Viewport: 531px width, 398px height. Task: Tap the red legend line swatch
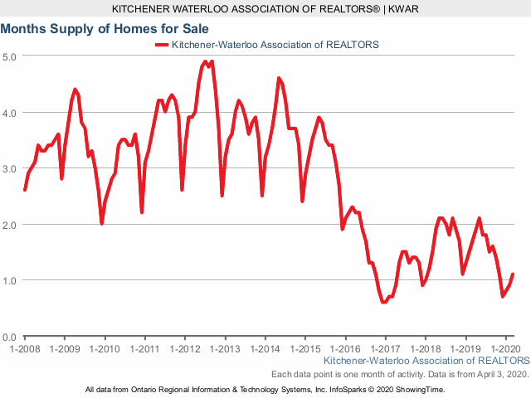tap(161, 43)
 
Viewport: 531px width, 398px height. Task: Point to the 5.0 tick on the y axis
tap(9, 56)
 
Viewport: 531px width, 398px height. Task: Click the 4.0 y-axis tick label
tap(9, 112)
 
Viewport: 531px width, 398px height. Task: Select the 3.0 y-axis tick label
tap(9, 168)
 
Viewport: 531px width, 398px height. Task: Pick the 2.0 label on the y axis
tap(9, 225)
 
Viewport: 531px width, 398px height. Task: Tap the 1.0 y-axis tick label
tap(9, 280)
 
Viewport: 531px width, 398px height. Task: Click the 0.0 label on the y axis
tap(9, 337)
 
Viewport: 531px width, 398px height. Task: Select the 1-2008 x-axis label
tap(25, 349)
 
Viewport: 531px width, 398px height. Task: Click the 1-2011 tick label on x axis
tap(145, 349)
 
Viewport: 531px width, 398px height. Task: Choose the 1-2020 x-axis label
tap(506, 349)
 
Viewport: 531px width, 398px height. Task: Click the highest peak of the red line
tap(205, 61)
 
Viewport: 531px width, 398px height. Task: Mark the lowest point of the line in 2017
tap(383, 302)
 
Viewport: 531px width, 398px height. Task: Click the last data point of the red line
tap(513, 274)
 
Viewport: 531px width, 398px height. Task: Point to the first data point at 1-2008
tap(25, 190)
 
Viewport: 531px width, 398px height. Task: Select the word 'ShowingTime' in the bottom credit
tap(418, 389)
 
